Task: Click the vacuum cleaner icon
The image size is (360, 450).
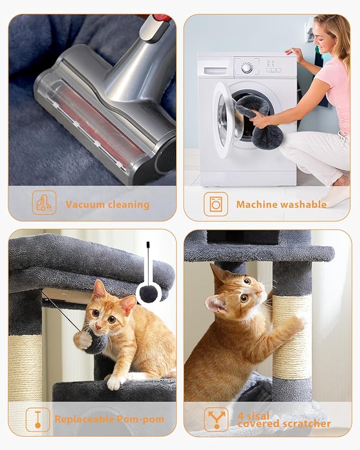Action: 44,202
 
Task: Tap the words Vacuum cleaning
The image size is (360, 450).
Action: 107,205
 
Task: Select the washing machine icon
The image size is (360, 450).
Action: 216,204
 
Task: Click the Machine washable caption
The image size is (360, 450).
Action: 281,205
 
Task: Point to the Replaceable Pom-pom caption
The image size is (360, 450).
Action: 109,419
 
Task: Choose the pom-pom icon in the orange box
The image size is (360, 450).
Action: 38,419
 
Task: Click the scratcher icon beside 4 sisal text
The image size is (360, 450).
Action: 216,419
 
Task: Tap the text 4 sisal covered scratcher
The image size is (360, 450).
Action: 284,419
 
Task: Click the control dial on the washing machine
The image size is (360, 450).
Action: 247,67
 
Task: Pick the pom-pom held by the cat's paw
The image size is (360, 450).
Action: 95,343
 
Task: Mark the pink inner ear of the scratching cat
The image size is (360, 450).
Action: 215,304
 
